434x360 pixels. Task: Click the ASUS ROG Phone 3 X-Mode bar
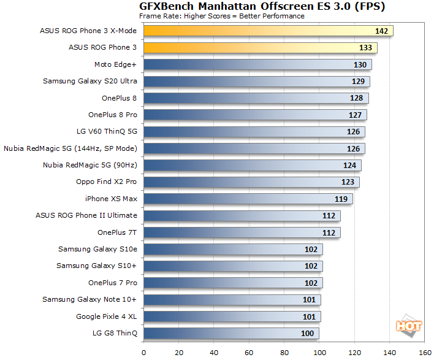pyautogui.click(x=268, y=31)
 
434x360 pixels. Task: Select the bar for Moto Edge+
pyautogui.click(x=257, y=64)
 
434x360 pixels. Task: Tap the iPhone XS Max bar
pyautogui.click(x=248, y=199)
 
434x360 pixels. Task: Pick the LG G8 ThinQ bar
pyautogui.click(x=231, y=333)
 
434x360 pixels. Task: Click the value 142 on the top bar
pyautogui.click(x=382, y=31)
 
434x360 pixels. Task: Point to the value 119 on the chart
pyautogui.click(x=341, y=199)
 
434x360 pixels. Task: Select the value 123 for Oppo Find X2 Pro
pyautogui.click(x=348, y=182)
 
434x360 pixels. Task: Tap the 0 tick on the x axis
pyautogui.click(x=143, y=353)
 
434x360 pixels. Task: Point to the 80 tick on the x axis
pyautogui.click(x=284, y=353)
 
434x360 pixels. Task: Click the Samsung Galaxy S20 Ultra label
pyautogui.click(x=90, y=81)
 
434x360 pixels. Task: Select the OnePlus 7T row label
pyautogui.click(x=117, y=232)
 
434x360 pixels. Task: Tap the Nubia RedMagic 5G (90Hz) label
pyautogui.click(x=90, y=165)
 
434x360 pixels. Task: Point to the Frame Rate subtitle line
pyautogui.click(x=221, y=16)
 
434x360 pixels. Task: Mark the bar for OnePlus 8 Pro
pyautogui.click(x=255, y=115)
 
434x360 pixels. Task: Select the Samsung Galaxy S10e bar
pyautogui.click(x=233, y=249)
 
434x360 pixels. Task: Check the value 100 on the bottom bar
pyautogui.click(x=308, y=333)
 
